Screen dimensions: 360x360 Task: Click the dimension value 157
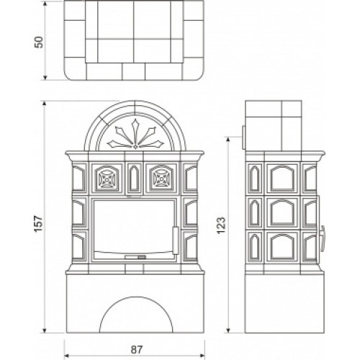click(38, 223)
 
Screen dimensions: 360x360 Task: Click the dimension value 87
click(137, 349)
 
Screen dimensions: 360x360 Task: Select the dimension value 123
click(221, 225)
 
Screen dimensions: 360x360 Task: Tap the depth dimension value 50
click(39, 42)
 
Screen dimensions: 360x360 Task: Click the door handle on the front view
click(176, 240)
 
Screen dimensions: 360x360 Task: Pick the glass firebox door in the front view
click(134, 229)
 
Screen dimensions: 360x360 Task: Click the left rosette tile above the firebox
click(107, 178)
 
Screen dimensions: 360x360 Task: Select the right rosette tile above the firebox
click(161, 178)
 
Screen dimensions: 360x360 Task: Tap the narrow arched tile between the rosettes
click(134, 178)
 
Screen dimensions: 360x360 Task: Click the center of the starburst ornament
click(135, 145)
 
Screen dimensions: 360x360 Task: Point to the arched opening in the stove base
click(136, 315)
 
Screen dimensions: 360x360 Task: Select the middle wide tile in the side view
click(282, 212)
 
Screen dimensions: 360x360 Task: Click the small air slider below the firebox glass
click(135, 257)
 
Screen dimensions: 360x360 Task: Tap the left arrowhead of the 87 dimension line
click(67, 355)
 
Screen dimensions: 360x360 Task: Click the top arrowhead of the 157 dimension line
click(44, 104)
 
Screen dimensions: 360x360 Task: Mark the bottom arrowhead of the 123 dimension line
click(228, 330)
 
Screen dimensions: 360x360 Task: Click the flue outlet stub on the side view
click(243, 137)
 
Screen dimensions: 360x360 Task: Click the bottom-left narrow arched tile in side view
click(254, 246)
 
